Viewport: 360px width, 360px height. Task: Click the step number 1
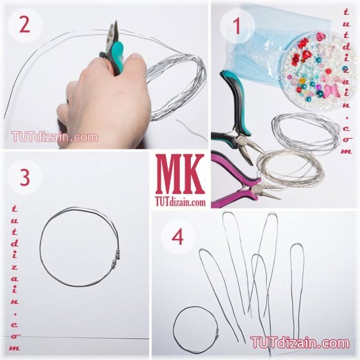click(x=237, y=26)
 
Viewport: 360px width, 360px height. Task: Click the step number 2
click(x=24, y=25)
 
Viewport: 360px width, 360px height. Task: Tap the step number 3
click(x=25, y=178)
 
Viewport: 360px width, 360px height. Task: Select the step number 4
click(x=177, y=237)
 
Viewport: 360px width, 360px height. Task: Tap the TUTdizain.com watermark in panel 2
click(x=55, y=137)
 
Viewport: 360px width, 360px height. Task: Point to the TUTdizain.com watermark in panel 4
click(x=300, y=343)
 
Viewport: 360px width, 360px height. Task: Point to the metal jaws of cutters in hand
click(x=113, y=34)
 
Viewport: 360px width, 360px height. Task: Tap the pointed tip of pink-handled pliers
click(x=280, y=198)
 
